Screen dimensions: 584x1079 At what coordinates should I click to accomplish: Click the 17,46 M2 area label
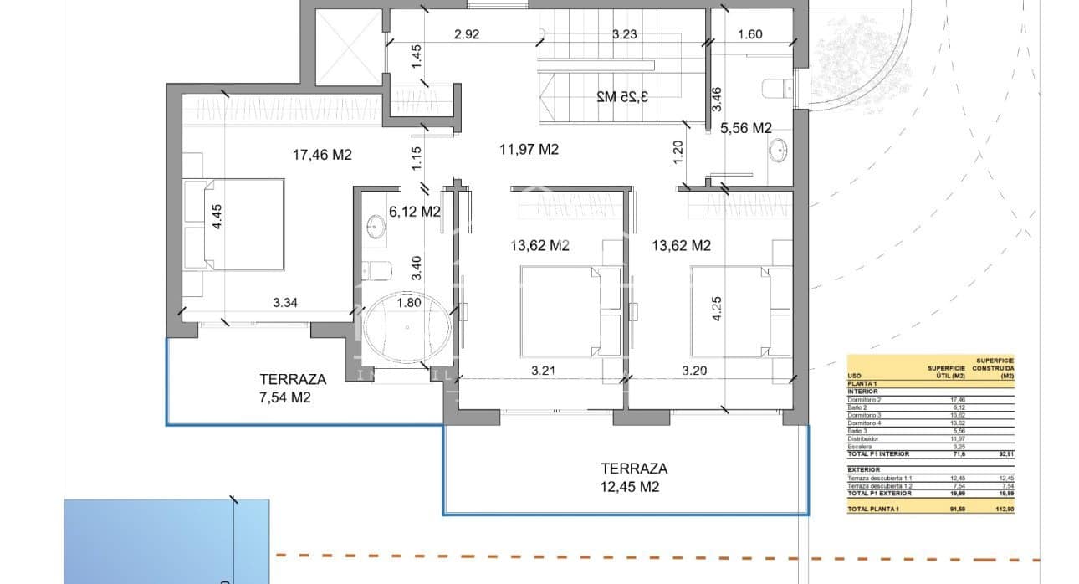coord(322,155)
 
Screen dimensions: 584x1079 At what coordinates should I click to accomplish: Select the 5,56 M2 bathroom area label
coord(745,128)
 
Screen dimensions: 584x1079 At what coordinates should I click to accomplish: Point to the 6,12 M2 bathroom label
coord(414,213)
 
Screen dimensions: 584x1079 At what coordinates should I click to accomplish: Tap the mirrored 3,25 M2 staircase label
coord(623,96)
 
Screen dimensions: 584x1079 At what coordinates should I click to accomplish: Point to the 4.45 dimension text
coord(218,221)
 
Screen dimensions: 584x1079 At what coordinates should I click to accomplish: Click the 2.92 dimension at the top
coord(467,34)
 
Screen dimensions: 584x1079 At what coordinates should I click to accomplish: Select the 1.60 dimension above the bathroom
coord(750,34)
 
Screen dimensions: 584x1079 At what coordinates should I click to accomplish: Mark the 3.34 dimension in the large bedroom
coord(286,302)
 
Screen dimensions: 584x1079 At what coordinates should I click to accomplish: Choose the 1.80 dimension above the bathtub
coord(410,303)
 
